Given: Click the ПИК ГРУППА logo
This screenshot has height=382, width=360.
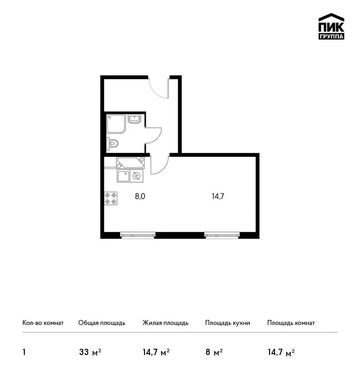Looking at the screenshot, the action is point(331,27).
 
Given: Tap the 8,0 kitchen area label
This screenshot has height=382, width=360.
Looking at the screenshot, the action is point(140,196).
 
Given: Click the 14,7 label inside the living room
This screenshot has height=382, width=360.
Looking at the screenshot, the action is point(218,196).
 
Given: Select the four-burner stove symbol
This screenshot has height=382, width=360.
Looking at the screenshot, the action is point(111,198).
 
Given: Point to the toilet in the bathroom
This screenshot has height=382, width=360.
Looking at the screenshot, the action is point(112,143).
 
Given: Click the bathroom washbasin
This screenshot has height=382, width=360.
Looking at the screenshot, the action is point(135,119).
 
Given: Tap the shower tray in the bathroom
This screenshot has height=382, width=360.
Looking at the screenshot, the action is point(116,124).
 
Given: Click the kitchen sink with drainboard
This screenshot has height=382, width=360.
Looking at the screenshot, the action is point(130,163).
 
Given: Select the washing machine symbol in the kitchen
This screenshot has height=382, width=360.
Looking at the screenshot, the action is point(137,176).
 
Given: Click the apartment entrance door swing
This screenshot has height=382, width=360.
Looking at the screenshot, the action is point(158,87).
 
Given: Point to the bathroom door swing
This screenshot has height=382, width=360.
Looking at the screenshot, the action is point(153,135).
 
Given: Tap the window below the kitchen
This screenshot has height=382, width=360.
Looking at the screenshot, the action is point(138,235).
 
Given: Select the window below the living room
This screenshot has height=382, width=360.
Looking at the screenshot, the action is point(222,235).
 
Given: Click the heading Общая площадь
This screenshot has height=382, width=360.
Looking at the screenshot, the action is point(102,323).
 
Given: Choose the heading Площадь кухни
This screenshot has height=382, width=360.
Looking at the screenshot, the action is point(228,323).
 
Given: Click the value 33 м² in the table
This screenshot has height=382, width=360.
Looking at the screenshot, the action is point(90,352).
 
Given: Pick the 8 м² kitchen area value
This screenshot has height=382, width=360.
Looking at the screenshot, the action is point(214,352).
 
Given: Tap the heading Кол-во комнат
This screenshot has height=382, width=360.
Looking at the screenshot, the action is point(43,323).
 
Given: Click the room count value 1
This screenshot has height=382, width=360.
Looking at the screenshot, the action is point(24,352).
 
